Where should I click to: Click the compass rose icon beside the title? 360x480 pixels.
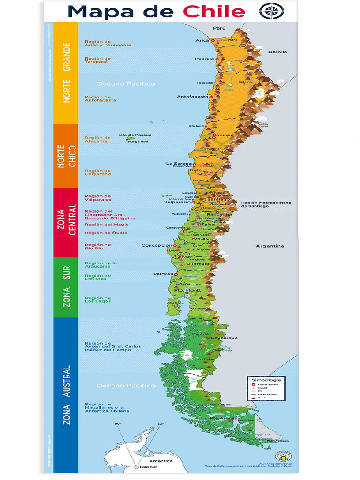pos(271,10)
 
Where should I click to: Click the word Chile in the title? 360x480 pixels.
pos(214,11)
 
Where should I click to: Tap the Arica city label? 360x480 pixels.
pos(202,40)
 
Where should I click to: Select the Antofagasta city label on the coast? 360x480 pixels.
pos(192,97)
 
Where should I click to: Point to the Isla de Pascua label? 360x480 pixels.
pos(135,135)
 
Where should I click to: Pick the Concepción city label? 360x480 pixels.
pos(157,245)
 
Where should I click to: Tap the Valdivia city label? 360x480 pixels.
pos(164,274)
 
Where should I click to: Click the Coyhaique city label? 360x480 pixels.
pos(224,337)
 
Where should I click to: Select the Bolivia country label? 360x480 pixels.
pos(277,52)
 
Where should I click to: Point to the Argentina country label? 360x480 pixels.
pos(270,246)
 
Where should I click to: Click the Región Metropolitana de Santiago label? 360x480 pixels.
pos(266,204)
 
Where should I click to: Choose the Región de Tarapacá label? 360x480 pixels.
pos(97,60)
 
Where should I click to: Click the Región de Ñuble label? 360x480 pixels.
pos(100,232)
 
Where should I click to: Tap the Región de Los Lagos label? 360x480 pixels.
pos(97,300)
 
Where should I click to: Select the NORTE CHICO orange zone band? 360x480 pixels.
pos(66,156)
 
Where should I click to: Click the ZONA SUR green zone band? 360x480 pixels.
pos(66,287)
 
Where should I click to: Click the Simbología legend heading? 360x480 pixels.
pos(266,380)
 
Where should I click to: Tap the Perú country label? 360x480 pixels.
pos(219,28)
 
